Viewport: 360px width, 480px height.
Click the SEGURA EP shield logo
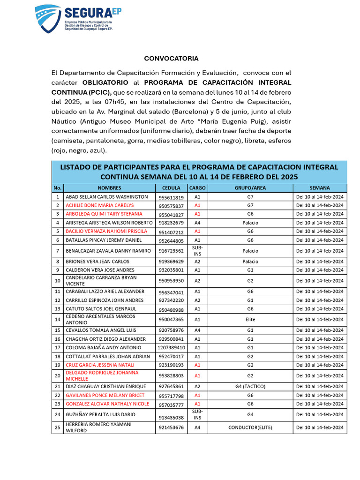click(47, 19)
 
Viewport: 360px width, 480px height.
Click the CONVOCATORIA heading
click(171, 59)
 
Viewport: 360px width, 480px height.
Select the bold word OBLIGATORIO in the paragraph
click(105, 82)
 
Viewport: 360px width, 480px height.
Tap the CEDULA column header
click(171, 188)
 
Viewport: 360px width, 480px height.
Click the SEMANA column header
click(320, 188)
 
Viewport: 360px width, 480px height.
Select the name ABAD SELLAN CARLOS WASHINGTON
click(106, 197)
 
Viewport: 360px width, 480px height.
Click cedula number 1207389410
click(171, 348)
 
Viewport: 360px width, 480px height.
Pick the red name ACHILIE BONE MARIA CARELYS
click(99, 205)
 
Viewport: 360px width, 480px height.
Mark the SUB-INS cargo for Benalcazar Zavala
click(197, 250)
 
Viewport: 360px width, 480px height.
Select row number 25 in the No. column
click(58, 427)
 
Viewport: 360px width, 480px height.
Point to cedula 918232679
click(171, 223)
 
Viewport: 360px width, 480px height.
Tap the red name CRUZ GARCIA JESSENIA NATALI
click(100, 365)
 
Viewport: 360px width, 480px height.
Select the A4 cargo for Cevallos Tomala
click(197, 330)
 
